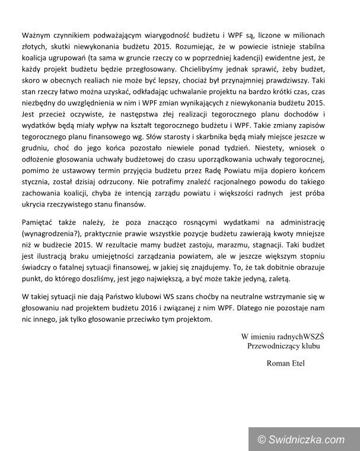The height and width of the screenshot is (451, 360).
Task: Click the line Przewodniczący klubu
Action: pyautogui.click(x=282, y=346)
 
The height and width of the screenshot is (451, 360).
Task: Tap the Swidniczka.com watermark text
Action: pyautogui.click(x=308, y=439)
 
